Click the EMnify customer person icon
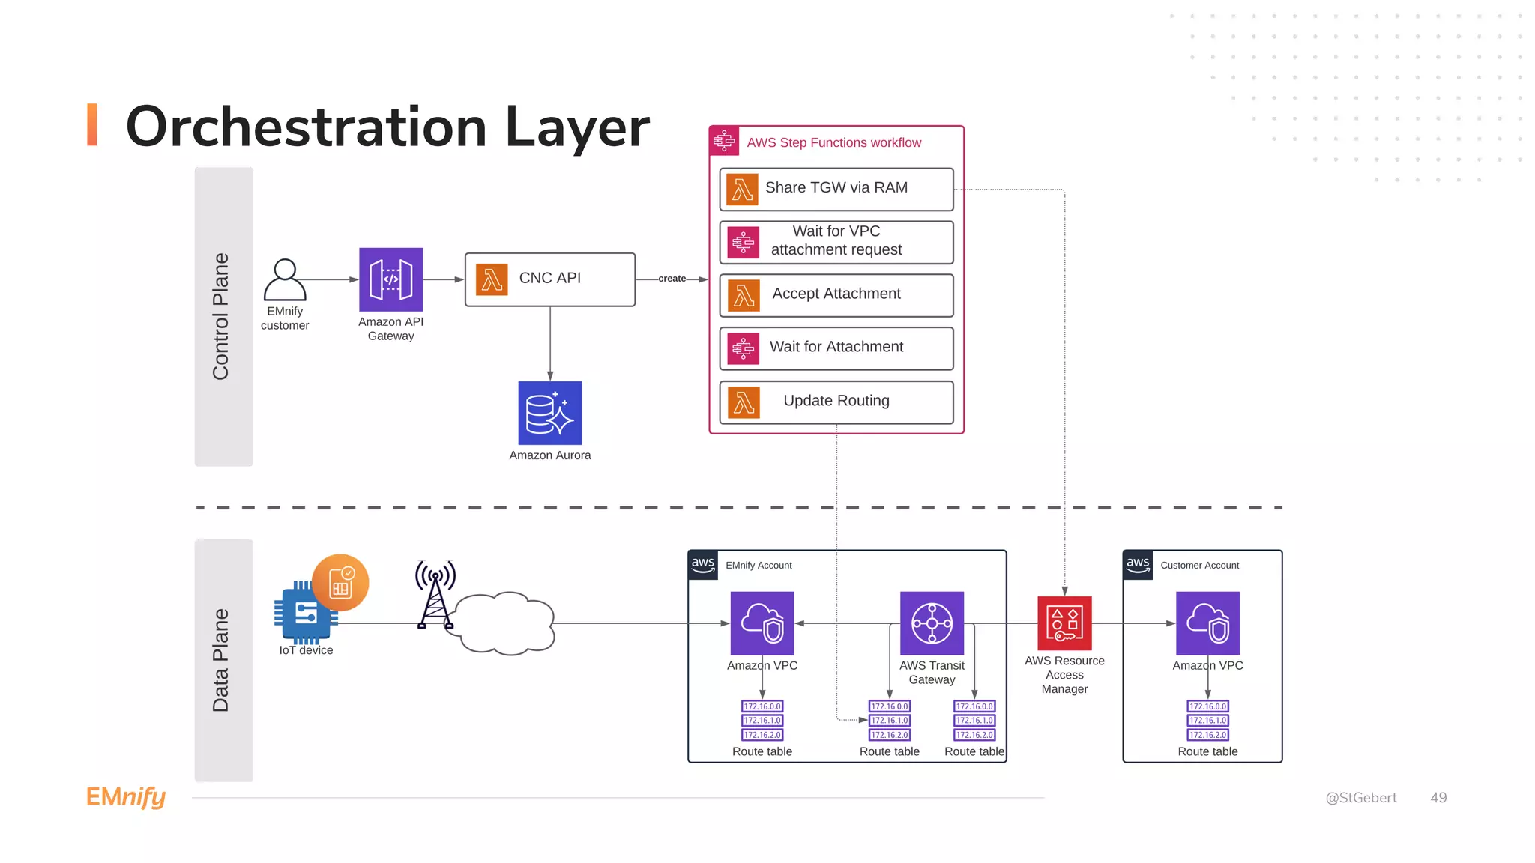[285, 279]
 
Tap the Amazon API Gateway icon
[390, 279]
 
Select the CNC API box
[549, 279]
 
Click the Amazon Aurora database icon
[549, 413]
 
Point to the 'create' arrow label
[672, 279]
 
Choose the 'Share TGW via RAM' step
[836, 189]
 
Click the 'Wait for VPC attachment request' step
[836, 242]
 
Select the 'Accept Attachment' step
[836, 295]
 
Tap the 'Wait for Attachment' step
[836, 348]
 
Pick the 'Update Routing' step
[836, 402]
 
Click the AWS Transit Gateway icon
[932, 623]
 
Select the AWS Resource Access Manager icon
[1064, 623]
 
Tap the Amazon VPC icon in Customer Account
[1207, 623]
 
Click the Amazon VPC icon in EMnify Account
[762, 623]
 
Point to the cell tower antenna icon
[435, 594]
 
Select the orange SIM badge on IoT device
[341, 583]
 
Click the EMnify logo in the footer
[126, 797]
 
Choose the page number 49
[1438, 798]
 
